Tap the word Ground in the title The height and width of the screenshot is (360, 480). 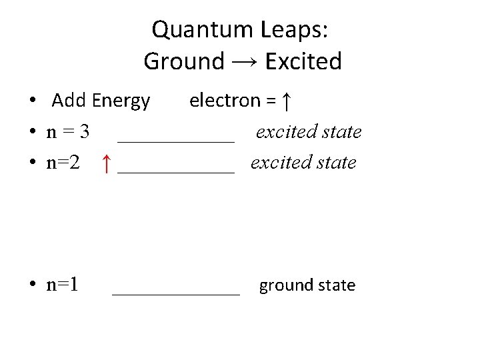pyautogui.click(x=184, y=61)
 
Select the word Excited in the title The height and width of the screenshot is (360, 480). pyautogui.click(x=303, y=61)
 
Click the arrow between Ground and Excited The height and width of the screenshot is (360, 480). pyautogui.click(x=245, y=63)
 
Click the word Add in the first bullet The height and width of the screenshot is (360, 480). pyautogui.click(x=69, y=101)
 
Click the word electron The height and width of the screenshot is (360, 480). pyautogui.click(x=225, y=101)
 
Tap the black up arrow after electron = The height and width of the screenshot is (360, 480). pyautogui.click(x=285, y=101)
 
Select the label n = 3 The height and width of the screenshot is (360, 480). pyautogui.click(x=67, y=132)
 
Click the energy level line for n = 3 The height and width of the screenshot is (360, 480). pyautogui.click(x=176, y=141)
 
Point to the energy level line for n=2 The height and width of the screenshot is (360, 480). pyautogui.click(x=176, y=171)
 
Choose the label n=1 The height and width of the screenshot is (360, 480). pyautogui.click(x=62, y=285)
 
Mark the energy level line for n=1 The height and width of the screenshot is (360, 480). pyautogui.click(x=176, y=293)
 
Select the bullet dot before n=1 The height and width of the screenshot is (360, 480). pyautogui.click(x=32, y=286)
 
